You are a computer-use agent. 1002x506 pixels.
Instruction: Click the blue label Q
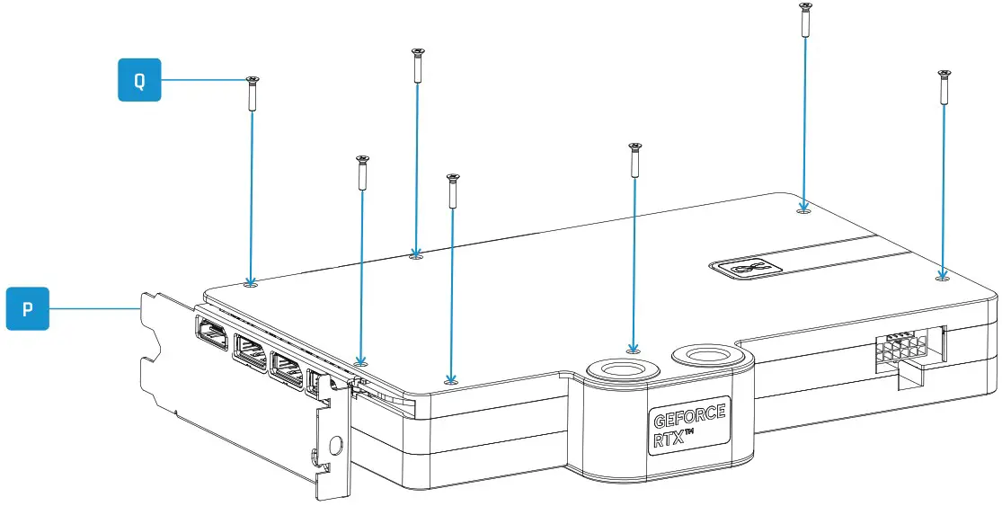(x=139, y=80)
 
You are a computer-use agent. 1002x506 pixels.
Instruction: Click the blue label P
(x=28, y=308)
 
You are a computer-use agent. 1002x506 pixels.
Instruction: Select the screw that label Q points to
(x=252, y=93)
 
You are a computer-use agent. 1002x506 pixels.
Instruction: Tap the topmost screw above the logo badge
(x=804, y=20)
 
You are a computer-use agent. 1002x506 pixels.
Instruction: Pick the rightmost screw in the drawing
(x=944, y=87)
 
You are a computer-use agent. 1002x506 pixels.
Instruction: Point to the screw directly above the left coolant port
(x=634, y=159)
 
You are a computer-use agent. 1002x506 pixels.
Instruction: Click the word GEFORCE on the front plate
(x=688, y=419)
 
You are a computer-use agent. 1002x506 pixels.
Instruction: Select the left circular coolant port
(x=623, y=369)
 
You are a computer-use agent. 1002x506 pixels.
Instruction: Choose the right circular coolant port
(x=709, y=357)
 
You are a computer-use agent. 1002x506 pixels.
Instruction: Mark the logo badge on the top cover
(x=744, y=266)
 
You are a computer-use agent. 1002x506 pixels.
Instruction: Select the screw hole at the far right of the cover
(x=942, y=278)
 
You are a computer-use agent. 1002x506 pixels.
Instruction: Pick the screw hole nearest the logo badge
(x=803, y=211)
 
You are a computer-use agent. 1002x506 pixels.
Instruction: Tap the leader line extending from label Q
(x=202, y=80)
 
